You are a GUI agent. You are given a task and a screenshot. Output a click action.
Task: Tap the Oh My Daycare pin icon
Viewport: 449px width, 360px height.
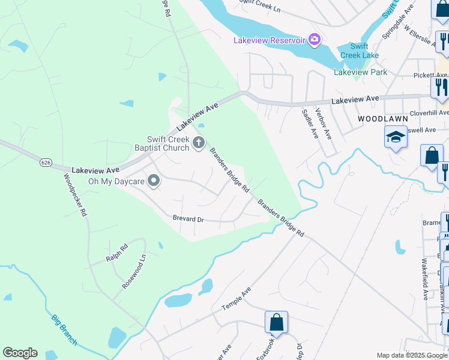pos(154,181)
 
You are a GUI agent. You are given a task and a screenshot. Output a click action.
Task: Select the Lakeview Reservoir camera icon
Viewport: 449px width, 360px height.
pos(314,40)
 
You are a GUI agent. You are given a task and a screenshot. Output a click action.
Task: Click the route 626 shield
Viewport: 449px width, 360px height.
pos(46,163)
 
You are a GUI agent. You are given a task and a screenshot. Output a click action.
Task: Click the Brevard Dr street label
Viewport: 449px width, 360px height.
pos(188,219)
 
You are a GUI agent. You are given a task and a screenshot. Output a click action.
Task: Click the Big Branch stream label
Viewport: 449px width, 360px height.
pos(64,329)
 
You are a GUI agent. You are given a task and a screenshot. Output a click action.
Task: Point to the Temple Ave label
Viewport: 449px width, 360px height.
pos(236,298)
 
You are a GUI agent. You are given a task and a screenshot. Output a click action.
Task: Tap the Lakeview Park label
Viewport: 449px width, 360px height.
pos(360,73)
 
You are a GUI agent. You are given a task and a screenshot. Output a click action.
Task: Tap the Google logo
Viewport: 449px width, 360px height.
pos(20,353)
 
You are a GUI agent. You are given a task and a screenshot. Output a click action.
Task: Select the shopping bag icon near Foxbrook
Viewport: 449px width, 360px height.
pos(277,322)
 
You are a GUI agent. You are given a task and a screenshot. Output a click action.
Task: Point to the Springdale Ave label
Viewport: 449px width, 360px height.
pos(399,23)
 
